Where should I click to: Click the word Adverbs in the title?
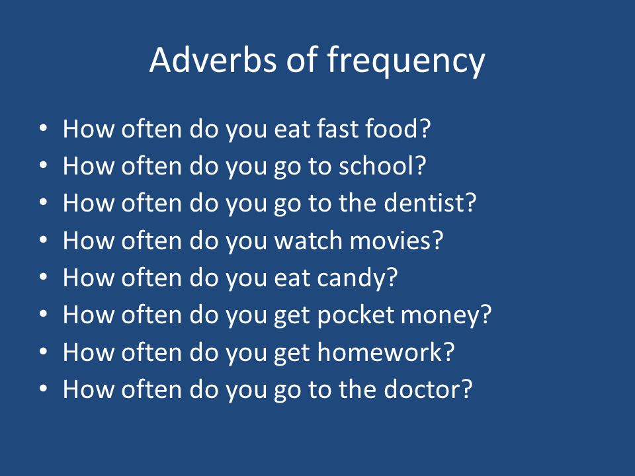pos(213,60)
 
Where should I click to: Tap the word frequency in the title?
pos(405,61)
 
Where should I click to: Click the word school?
pos(376,166)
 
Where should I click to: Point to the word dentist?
pos(425,203)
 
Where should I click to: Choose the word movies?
pos(390,241)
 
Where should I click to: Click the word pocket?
pos(356,315)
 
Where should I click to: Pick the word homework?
pos(380,352)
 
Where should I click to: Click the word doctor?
pos(422,389)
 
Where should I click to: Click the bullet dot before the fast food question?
pos(44,129)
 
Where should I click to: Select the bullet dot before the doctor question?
pos(44,389)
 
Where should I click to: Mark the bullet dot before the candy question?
pos(44,278)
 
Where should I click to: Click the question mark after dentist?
pos(471,203)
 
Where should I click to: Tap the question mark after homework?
pos(449,352)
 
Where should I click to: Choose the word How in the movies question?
pos(89,241)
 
